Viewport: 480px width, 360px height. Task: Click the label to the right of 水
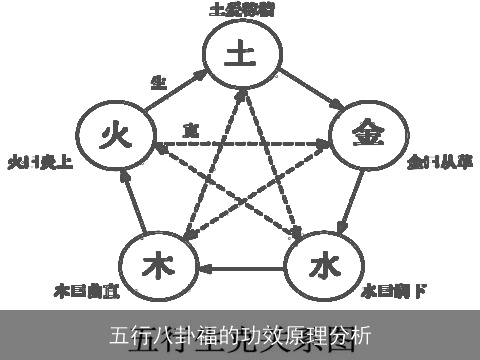tap(394, 292)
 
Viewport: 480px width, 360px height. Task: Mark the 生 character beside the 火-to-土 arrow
tap(158, 83)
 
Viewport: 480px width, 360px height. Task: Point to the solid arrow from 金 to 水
tap(347, 205)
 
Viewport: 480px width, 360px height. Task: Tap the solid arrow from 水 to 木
tap(240, 268)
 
